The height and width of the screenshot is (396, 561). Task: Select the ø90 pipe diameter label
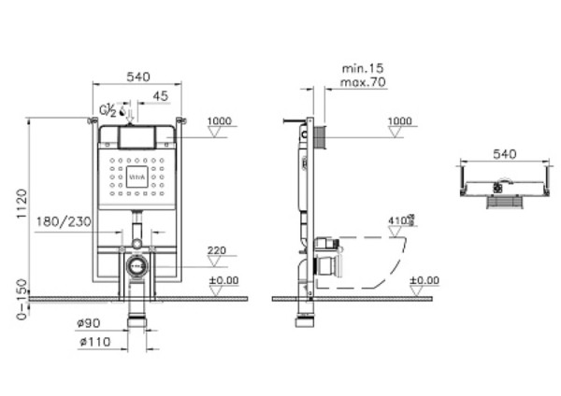pyautogui.click(x=87, y=324)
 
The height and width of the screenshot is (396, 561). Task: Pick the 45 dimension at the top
pyautogui.click(x=160, y=94)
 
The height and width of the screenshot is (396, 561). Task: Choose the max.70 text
pyautogui.click(x=363, y=82)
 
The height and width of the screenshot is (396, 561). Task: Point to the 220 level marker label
pyautogui.click(x=218, y=250)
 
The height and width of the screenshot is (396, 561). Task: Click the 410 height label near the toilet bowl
pyautogui.click(x=400, y=220)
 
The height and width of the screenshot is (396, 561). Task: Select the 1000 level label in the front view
pyautogui.click(x=218, y=121)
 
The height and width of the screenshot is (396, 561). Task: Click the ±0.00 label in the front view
pyautogui.click(x=223, y=279)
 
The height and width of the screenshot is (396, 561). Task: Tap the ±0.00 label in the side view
pyautogui.click(x=425, y=279)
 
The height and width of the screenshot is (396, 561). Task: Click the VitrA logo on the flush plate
pyautogui.click(x=137, y=174)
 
